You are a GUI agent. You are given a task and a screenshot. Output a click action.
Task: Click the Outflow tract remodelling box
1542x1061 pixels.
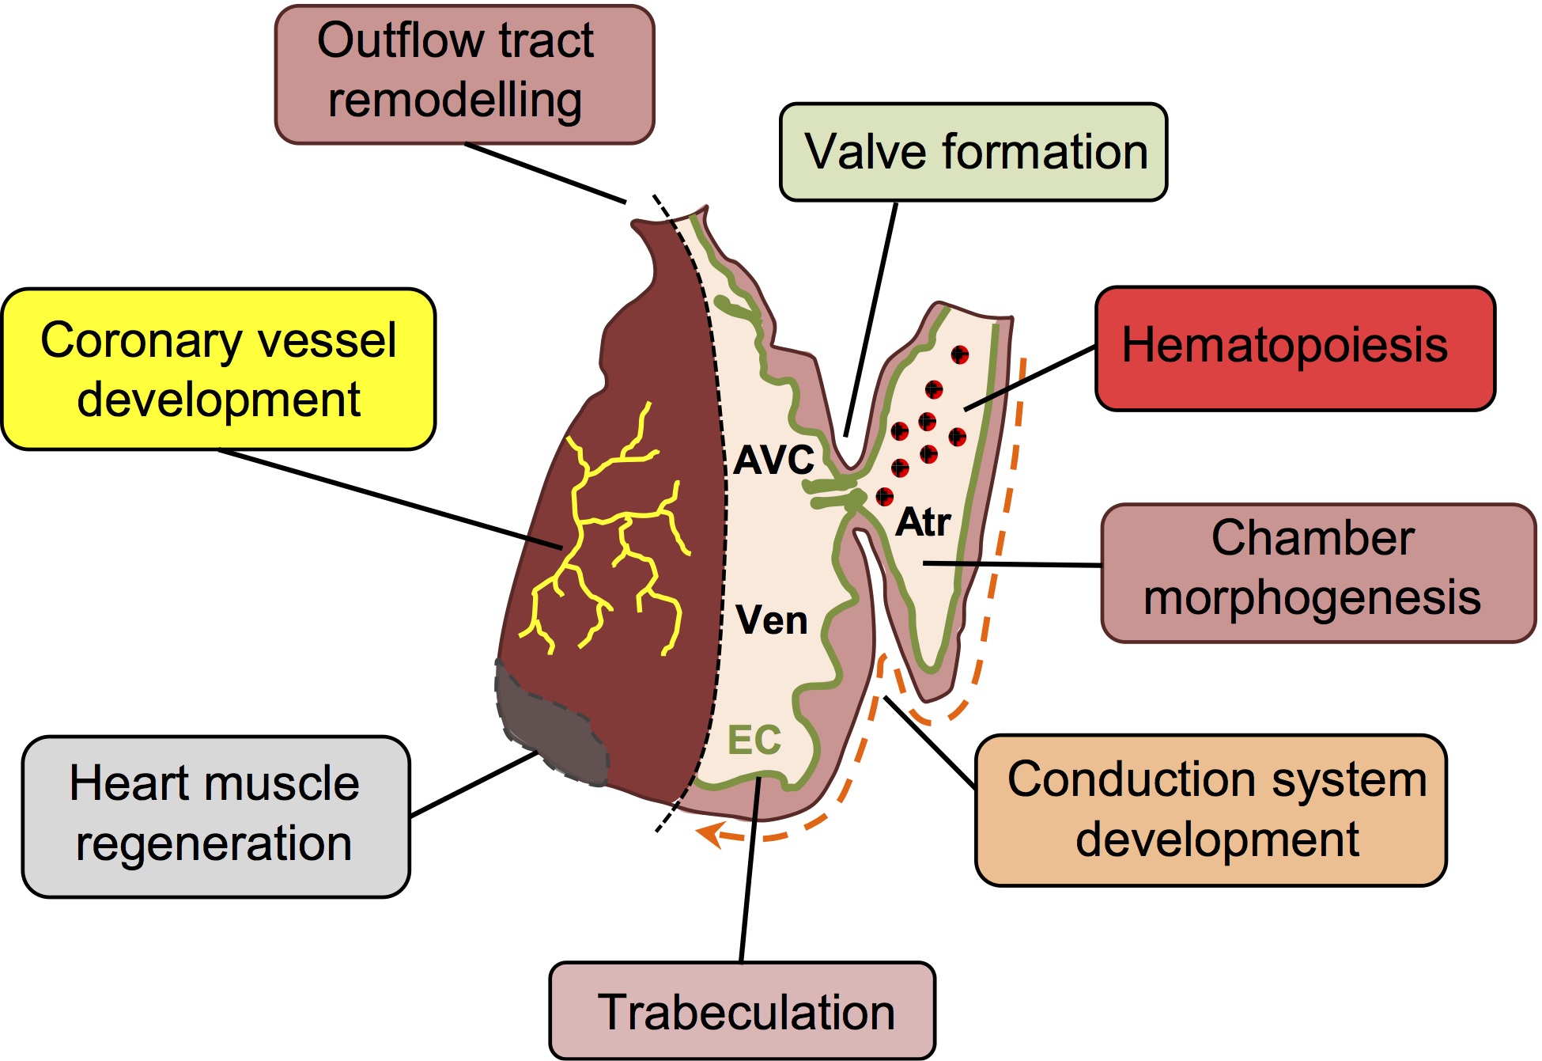pos(464,74)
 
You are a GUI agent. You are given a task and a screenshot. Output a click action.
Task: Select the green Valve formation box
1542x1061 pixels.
pos(973,152)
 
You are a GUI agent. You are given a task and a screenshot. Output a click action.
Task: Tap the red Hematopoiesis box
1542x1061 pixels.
pos(1294,348)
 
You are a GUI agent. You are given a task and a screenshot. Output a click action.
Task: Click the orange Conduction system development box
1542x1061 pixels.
pos(1211,809)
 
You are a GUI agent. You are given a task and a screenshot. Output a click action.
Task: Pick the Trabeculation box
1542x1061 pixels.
pos(742,1010)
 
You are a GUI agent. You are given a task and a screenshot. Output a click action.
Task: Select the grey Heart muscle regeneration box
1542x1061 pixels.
pos(215,816)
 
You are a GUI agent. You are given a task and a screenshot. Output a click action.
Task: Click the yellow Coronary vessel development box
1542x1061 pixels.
pos(218,369)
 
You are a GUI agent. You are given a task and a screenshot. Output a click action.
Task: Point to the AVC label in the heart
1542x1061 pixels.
pos(773,460)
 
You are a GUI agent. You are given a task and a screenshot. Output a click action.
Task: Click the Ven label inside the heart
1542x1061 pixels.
pos(771,620)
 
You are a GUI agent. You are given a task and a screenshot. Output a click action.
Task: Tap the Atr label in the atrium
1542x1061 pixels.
pos(923,522)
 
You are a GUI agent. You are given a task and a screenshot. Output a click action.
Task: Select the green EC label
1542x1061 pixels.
pos(754,741)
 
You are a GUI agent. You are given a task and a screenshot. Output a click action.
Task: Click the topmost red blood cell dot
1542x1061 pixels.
pos(959,354)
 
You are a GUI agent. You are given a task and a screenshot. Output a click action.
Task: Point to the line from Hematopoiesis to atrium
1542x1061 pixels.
pos(1030,378)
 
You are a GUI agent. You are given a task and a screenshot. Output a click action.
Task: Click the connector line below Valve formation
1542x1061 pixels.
pos(871,316)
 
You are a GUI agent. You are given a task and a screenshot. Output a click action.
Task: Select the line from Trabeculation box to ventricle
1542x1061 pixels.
pos(749,870)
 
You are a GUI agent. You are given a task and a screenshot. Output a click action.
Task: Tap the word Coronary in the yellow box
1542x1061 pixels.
pos(129,340)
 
